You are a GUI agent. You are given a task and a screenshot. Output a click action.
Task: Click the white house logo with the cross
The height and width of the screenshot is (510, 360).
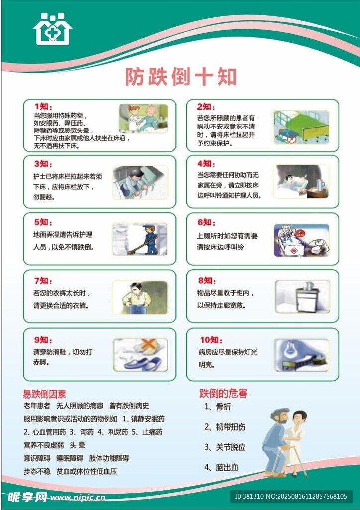(x=52, y=29)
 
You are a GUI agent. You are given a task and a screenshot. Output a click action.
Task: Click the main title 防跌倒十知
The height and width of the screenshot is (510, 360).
(x=181, y=77)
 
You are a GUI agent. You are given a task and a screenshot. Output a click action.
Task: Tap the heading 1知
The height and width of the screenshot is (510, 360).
(x=43, y=107)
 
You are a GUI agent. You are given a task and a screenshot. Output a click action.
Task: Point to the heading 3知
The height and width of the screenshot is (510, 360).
(x=43, y=164)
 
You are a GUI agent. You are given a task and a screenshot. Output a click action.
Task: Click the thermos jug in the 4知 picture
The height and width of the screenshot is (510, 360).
(x=320, y=186)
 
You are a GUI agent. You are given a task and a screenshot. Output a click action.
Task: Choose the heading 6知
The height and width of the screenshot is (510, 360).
(x=206, y=222)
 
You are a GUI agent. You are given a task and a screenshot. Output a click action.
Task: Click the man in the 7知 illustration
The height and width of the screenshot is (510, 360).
(x=139, y=298)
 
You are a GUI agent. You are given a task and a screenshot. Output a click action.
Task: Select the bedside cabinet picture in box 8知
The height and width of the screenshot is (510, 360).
(x=303, y=297)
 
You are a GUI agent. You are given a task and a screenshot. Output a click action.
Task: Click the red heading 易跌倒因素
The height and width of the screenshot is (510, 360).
(x=44, y=394)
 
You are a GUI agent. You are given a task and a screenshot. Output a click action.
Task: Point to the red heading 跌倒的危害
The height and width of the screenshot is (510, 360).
(x=223, y=393)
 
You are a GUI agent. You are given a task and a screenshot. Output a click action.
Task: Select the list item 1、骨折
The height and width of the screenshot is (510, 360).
(x=217, y=406)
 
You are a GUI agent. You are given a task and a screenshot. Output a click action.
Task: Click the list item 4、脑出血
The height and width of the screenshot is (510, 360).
(x=221, y=467)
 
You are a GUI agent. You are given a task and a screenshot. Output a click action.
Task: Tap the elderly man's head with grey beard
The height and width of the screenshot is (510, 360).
(x=280, y=416)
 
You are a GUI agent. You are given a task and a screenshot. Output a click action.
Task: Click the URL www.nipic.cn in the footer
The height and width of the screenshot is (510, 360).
(x=77, y=497)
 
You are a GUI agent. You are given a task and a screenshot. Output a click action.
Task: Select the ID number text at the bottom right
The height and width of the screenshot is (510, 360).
(x=291, y=497)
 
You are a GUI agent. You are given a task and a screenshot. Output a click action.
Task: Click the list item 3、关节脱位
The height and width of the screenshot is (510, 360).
(x=225, y=447)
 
